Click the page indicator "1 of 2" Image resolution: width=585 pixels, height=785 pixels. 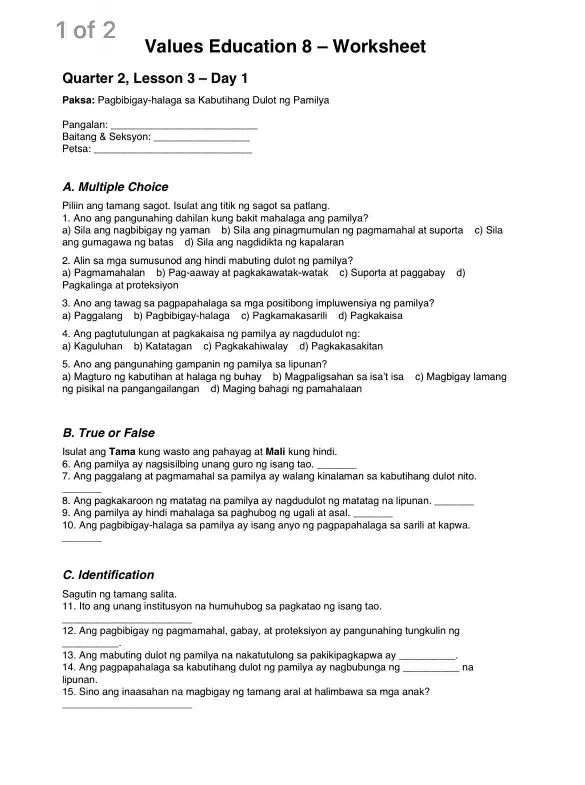86,30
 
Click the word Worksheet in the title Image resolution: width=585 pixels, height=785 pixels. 379,46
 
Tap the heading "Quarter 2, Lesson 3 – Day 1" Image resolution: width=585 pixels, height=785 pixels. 155,78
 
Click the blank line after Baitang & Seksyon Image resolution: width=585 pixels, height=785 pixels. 202,139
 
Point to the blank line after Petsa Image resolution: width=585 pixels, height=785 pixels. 173,151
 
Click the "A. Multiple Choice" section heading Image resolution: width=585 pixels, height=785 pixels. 115,187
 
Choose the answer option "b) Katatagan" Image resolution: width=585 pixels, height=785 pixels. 163,346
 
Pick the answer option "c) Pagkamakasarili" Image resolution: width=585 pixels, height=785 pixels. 284,316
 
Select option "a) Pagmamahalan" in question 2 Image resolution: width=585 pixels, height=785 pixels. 104,273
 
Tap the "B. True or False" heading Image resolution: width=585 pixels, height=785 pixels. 109,433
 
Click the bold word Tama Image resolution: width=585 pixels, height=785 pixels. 122,452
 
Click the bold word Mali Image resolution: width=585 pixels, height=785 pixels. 275,452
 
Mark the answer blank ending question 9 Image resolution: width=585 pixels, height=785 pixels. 372,515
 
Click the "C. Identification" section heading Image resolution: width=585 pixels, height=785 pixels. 108,575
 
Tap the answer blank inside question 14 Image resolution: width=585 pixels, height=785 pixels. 431,670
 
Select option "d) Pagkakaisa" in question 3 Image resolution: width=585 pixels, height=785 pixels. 370,316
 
